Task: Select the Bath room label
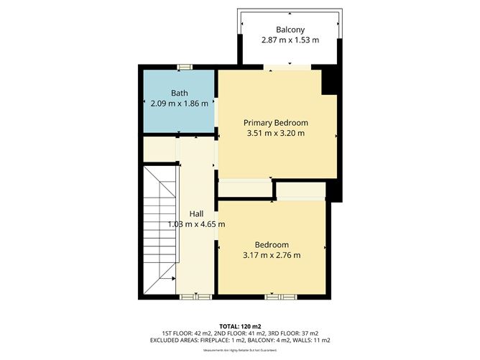pyautogui.click(x=179, y=93)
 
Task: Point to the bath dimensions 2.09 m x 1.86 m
pyautogui.click(x=179, y=103)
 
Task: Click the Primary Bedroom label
pyautogui.click(x=276, y=121)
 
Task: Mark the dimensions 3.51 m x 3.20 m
pyautogui.click(x=276, y=133)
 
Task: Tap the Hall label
pyautogui.click(x=196, y=213)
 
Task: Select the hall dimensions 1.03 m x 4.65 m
pyautogui.click(x=196, y=224)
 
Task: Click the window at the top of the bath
pyautogui.click(x=185, y=67)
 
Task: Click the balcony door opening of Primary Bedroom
pyautogui.click(x=287, y=68)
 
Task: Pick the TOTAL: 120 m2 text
pyautogui.click(x=240, y=326)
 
